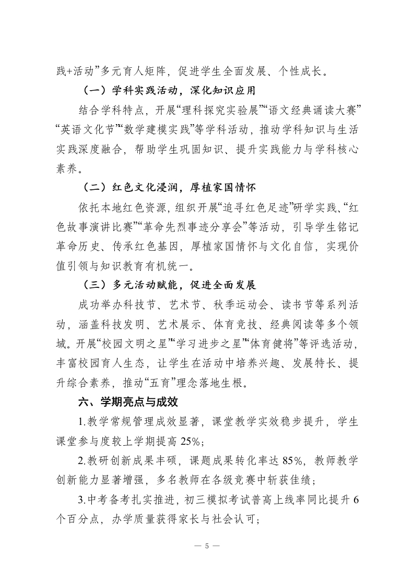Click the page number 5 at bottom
tap(207, 546)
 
